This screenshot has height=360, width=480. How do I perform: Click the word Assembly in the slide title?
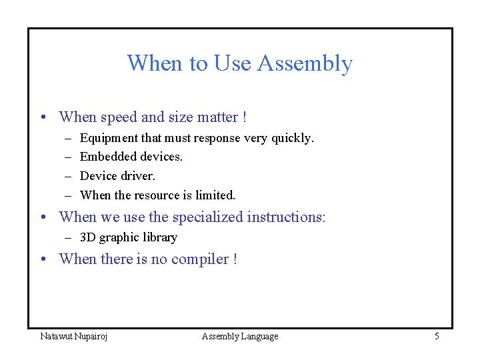click(304, 64)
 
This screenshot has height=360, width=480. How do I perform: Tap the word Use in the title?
click(232, 63)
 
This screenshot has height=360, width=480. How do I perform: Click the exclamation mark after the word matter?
click(245, 117)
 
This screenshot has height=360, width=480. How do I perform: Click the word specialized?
click(207, 217)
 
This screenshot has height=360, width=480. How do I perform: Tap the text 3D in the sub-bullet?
click(87, 237)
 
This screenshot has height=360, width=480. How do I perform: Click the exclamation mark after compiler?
click(235, 259)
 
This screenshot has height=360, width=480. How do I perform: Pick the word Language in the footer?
click(260, 337)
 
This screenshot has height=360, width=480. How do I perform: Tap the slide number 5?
click(437, 337)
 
